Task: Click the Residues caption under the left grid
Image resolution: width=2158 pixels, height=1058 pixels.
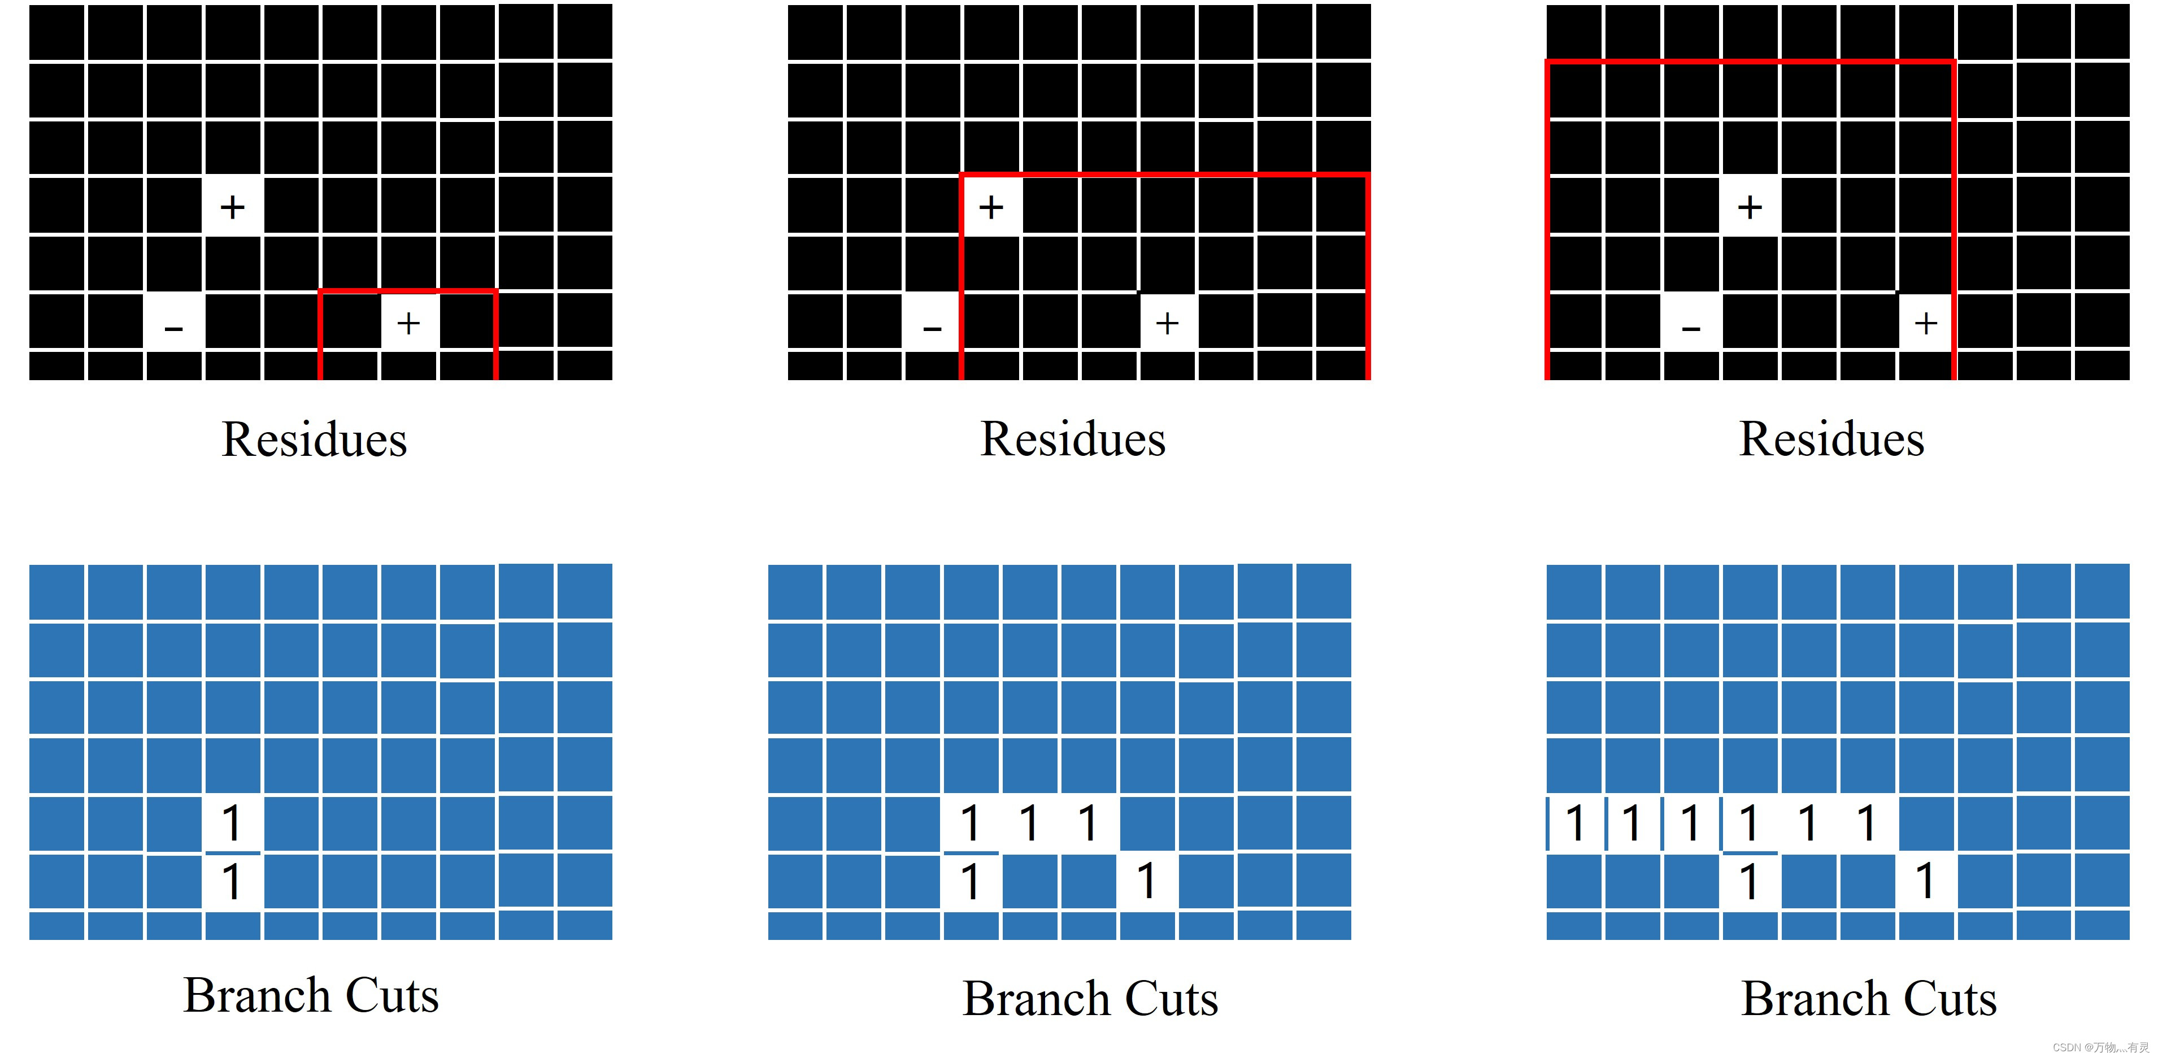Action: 314,439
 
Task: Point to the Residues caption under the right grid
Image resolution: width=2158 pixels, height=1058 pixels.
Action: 1831,439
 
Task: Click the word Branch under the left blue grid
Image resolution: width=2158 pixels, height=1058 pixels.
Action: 257,995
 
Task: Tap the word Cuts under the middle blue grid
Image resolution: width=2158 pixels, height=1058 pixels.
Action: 1171,999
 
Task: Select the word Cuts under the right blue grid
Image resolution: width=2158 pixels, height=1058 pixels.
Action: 1950,999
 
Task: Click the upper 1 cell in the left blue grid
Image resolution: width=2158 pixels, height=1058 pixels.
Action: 232,822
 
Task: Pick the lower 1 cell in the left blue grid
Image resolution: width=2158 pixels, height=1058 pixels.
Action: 232,881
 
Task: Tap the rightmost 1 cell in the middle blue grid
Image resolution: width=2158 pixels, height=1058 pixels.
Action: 1147,881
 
